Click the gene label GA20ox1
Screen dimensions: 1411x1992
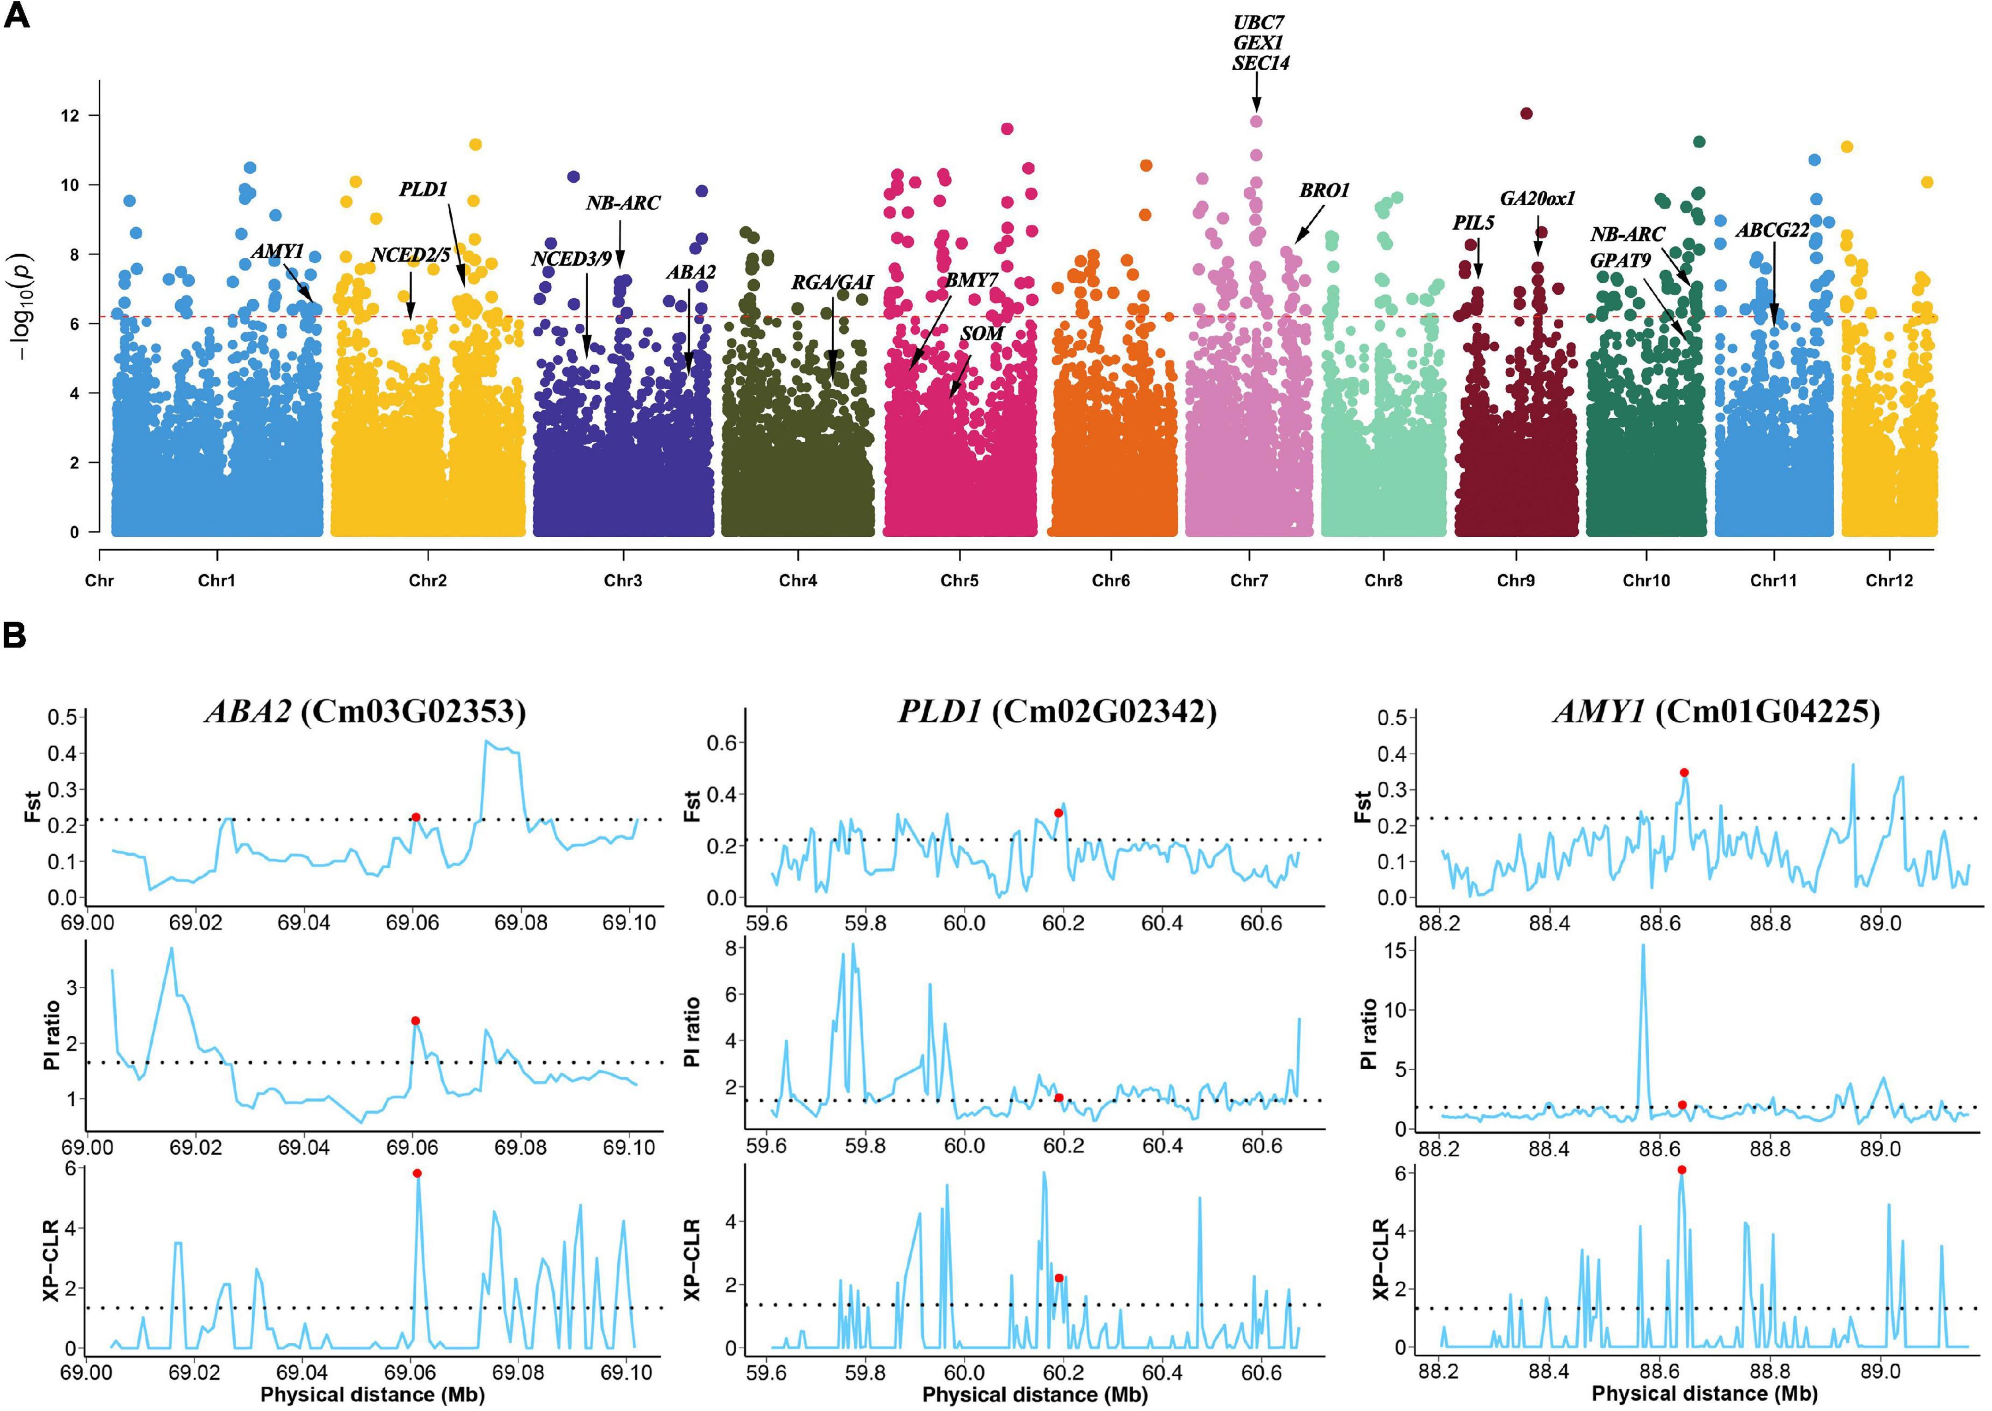tap(1538, 198)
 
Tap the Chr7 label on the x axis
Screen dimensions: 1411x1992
tap(1249, 581)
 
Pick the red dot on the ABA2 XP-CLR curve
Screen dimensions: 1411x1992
tap(417, 1173)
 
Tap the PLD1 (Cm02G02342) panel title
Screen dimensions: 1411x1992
tap(1057, 711)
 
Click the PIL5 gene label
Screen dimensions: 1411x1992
tap(1473, 223)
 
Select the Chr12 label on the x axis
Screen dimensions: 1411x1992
tap(1890, 581)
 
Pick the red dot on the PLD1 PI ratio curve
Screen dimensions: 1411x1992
tap(1059, 1097)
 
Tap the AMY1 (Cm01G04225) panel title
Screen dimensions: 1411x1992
tap(1717, 711)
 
